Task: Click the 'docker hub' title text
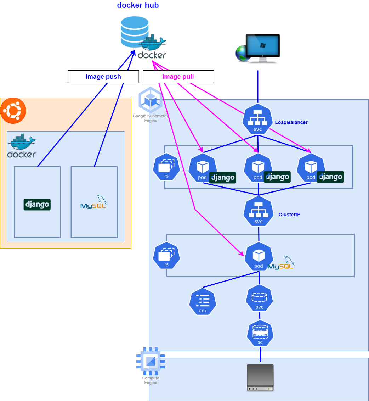(138, 5)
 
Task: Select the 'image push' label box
(103, 77)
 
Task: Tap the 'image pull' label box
(178, 77)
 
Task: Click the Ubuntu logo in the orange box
(13, 111)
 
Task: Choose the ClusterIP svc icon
(259, 212)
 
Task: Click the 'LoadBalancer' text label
(291, 122)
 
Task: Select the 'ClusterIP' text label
(289, 215)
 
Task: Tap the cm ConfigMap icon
(203, 302)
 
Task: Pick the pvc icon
(259, 298)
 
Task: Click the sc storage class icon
(260, 334)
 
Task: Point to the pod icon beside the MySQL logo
(259, 256)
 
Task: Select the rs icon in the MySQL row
(166, 256)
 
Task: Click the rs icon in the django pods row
(166, 167)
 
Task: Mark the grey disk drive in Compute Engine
(260, 378)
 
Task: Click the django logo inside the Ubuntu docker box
(37, 205)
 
